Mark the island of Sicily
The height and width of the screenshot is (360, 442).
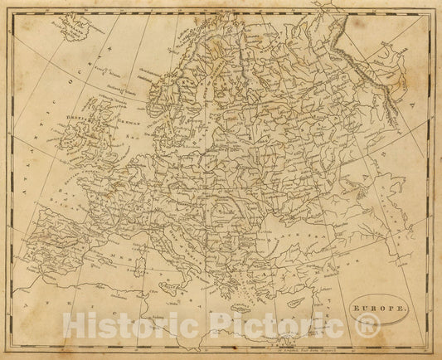point(196,288)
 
